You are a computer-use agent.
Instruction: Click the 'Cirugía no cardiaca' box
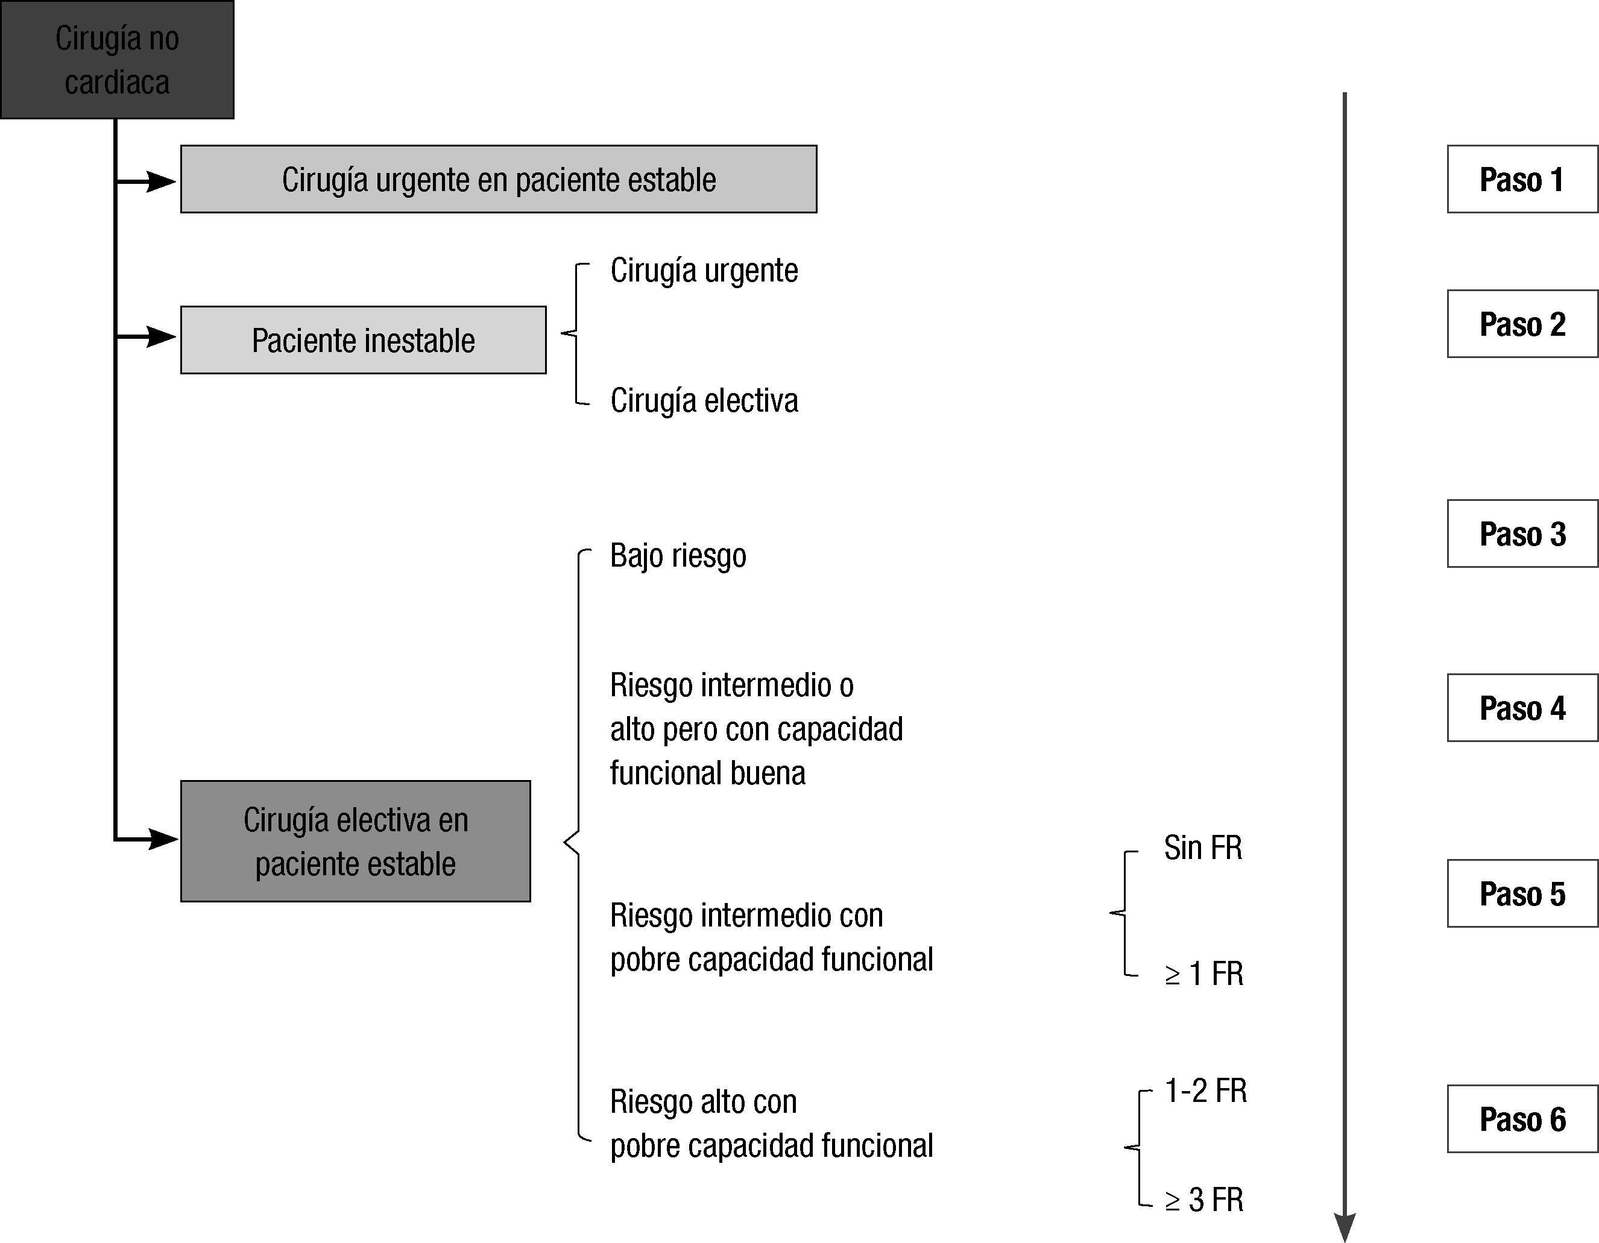[x=117, y=60]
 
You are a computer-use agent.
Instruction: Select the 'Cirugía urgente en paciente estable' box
[x=499, y=180]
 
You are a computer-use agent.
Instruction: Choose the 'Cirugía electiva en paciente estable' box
[x=356, y=841]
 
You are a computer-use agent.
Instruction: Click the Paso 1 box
[x=1521, y=180]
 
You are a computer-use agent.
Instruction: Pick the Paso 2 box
[x=1521, y=324]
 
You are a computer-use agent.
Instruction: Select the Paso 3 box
[x=1521, y=533]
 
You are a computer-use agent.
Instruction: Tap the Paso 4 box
[x=1521, y=708]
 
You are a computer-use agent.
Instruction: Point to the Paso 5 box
[x=1521, y=894]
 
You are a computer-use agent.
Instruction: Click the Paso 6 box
[x=1521, y=1119]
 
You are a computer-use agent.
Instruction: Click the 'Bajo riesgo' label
[x=678, y=556]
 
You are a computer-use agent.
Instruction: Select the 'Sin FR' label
[x=1203, y=848]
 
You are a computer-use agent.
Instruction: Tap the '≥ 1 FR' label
[x=1205, y=974]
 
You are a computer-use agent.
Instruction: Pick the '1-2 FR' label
[x=1205, y=1090]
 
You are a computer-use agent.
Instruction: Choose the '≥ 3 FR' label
[x=1205, y=1200]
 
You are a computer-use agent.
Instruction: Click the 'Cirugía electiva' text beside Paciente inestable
[x=704, y=400]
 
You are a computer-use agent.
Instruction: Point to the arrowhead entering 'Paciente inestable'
[x=161, y=337]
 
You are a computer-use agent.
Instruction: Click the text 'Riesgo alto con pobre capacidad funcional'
[x=771, y=1124]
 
